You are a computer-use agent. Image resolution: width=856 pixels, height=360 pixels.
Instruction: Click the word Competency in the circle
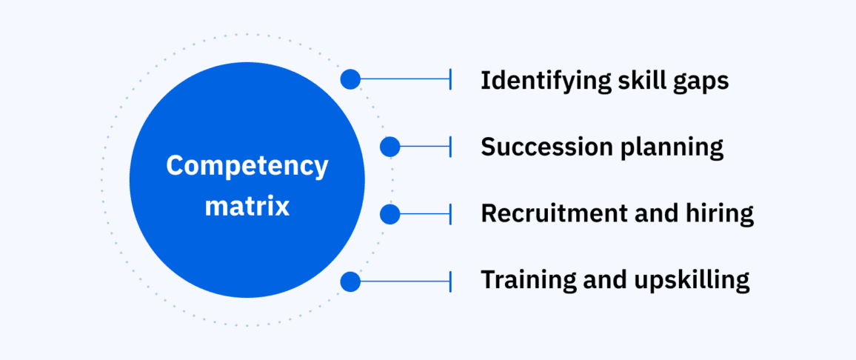[247, 165]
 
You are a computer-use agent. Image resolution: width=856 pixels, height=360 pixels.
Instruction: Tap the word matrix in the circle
[247, 206]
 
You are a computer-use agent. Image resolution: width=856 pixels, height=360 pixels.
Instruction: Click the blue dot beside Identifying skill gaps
[350, 79]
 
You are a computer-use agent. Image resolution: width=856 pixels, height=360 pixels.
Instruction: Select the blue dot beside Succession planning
[390, 147]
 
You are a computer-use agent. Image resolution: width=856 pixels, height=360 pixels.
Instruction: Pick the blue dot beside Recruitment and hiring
[390, 215]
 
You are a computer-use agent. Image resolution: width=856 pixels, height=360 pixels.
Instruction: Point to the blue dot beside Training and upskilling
[350, 281]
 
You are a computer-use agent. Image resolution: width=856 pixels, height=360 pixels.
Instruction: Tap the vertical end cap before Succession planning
[449, 147]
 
